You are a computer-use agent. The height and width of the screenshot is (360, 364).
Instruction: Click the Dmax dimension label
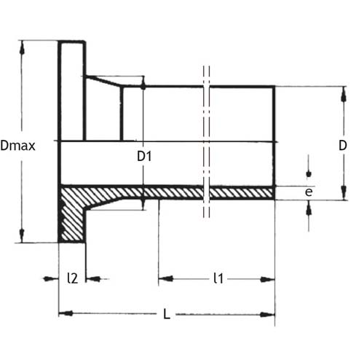pyautogui.click(x=17, y=146)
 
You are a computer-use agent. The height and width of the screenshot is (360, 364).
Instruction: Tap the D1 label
pyautogui.click(x=144, y=156)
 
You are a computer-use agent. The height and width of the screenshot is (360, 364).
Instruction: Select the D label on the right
pyautogui.click(x=343, y=146)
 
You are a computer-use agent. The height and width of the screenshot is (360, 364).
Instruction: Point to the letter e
pyautogui.click(x=309, y=192)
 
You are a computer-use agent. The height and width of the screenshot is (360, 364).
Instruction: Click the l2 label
pyautogui.click(x=73, y=278)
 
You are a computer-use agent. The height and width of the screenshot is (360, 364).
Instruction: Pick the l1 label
pyautogui.click(x=218, y=278)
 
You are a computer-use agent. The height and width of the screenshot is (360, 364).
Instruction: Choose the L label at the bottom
pyautogui.click(x=167, y=314)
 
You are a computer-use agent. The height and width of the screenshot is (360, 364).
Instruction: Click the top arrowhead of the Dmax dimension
pyautogui.click(x=22, y=48)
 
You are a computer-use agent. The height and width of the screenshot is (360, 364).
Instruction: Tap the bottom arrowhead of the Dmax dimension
pyautogui.click(x=22, y=235)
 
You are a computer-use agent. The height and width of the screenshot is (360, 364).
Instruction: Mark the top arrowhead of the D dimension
pyautogui.click(x=344, y=94)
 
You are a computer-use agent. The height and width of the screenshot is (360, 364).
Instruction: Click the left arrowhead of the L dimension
pyautogui.click(x=66, y=313)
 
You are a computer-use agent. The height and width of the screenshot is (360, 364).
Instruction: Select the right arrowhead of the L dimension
pyautogui.click(x=267, y=315)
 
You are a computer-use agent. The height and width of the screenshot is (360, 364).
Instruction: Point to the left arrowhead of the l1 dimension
pyautogui.click(x=166, y=278)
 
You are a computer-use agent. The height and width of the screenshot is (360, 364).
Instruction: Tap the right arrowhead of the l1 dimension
pyautogui.click(x=267, y=279)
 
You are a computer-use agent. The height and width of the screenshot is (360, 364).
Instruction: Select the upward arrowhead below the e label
pyautogui.click(x=309, y=208)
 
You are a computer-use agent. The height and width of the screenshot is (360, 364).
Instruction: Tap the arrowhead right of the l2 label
pyautogui.click(x=94, y=278)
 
